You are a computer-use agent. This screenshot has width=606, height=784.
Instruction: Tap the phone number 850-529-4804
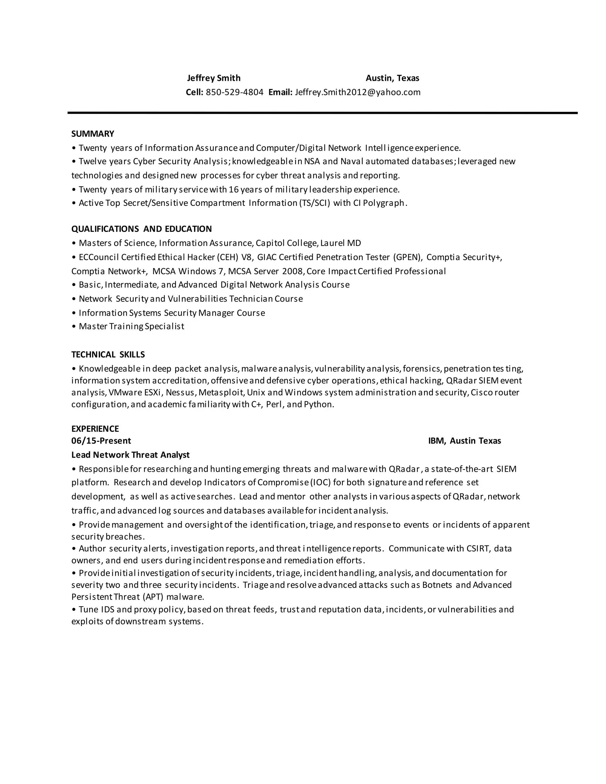(x=234, y=92)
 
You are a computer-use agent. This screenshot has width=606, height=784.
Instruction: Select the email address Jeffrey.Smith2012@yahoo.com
(x=357, y=92)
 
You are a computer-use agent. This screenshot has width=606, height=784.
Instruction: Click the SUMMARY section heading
(x=93, y=134)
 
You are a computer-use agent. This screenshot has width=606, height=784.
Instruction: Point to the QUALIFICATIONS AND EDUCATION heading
(x=141, y=229)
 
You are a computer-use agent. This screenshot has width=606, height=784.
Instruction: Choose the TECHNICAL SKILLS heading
(x=108, y=355)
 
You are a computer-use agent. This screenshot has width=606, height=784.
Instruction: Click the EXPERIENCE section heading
(x=95, y=429)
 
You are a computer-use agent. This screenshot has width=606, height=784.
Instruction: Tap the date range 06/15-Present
(x=101, y=441)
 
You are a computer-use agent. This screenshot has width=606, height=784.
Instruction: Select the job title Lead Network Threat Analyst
(x=130, y=455)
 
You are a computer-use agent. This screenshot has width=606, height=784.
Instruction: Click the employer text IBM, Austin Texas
(x=465, y=441)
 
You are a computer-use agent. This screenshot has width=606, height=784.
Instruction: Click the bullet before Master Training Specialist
(x=74, y=327)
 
